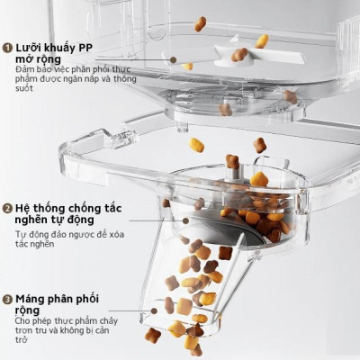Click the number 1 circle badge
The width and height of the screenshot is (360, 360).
click(7, 47)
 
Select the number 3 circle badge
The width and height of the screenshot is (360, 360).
click(7, 298)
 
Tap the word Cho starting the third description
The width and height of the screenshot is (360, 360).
click(22, 319)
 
